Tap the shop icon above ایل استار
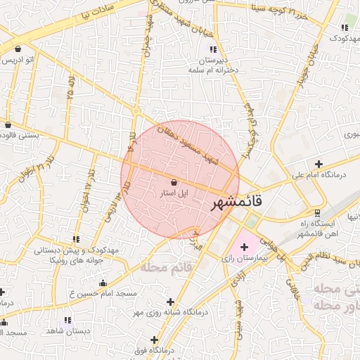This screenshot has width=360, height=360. pyautogui.click(x=174, y=182)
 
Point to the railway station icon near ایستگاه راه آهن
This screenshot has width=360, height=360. pyautogui.click(x=317, y=212)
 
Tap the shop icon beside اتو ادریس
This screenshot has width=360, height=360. pyautogui.click(x=17, y=49)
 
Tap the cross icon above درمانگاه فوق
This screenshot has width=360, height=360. pyautogui.click(x=154, y=340)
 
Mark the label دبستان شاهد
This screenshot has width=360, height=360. pyautogui.click(x=65, y=330)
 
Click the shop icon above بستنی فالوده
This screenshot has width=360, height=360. pyautogui.click(x=8, y=125)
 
